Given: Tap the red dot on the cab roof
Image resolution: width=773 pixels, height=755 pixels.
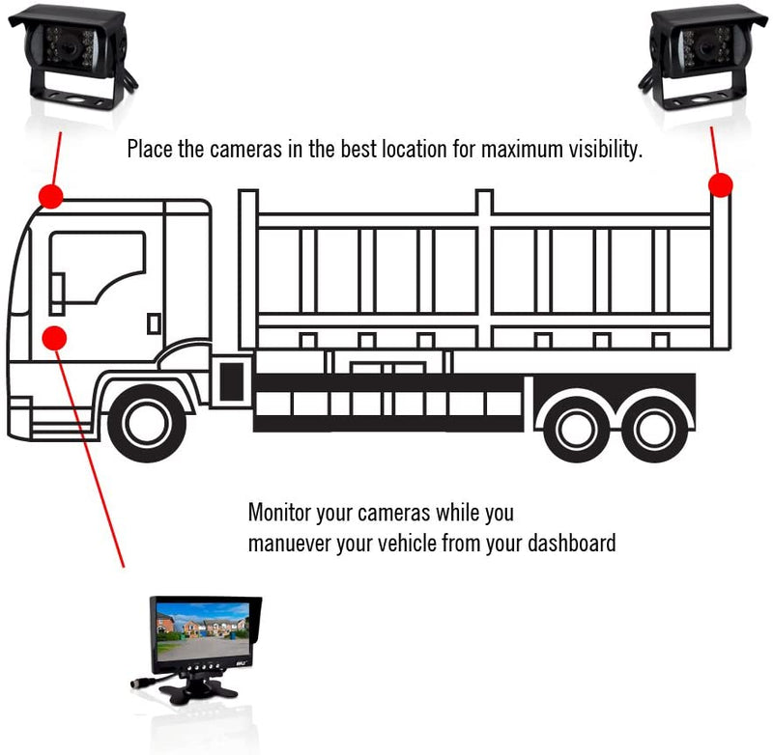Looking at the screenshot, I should tap(50, 196).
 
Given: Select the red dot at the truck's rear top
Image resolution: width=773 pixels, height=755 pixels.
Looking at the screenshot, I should tap(720, 184).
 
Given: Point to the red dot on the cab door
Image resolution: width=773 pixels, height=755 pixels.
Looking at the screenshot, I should tap(56, 338).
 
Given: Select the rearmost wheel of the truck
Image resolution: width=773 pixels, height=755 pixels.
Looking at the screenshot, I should tap(654, 427).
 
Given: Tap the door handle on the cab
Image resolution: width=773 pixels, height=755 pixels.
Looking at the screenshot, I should tap(154, 322).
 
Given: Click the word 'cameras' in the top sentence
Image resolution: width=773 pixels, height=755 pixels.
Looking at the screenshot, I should tap(230, 151).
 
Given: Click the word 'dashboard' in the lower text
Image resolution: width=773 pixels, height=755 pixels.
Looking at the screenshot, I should tap(571, 543).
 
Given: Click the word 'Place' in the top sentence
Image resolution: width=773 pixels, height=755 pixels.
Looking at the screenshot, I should tap(150, 151).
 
